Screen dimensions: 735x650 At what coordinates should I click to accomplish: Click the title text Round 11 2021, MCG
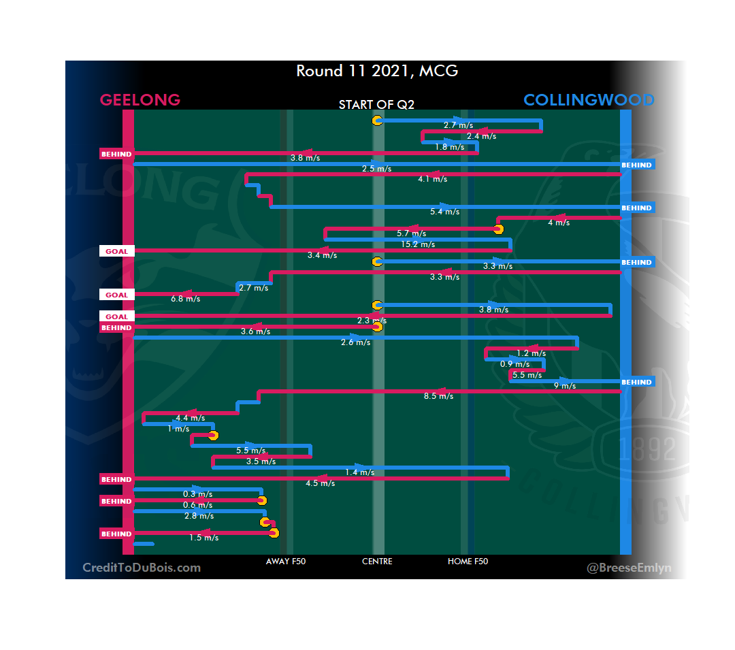pos(376,71)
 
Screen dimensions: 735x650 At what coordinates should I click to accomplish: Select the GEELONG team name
pos(140,100)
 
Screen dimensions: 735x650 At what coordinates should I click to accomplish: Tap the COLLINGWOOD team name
pos(589,100)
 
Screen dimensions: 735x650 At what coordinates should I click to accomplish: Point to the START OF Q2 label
pos(376,105)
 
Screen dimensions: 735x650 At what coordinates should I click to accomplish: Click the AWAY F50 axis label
pos(285,562)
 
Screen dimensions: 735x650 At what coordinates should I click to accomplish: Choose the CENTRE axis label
pos(377,562)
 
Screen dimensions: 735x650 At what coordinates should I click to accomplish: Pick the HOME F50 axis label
pos(468,562)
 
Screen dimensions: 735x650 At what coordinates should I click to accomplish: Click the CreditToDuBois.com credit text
pos(142,568)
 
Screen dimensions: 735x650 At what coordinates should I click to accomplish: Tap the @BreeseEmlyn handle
pos(629,568)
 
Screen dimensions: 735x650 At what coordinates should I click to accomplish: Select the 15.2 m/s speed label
pos(418,244)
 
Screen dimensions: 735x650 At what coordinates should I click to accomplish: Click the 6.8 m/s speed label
pos(185,299)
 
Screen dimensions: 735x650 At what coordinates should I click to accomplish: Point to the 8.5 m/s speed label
pos(438,396)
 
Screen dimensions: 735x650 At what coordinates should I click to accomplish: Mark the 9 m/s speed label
pos(565,386)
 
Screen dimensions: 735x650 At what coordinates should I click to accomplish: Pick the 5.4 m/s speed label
pos(445,212)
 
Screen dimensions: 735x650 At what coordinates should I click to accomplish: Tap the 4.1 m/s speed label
pos(433,179)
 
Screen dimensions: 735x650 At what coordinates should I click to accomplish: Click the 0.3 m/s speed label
pos(197,494)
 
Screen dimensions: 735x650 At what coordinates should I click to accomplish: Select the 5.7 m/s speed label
pos(411,233)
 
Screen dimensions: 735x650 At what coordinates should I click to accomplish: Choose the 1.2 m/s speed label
pos(531,353)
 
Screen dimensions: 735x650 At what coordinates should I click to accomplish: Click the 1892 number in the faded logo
pos(647,449)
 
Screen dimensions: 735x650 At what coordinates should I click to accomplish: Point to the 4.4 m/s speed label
pos(191,418)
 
